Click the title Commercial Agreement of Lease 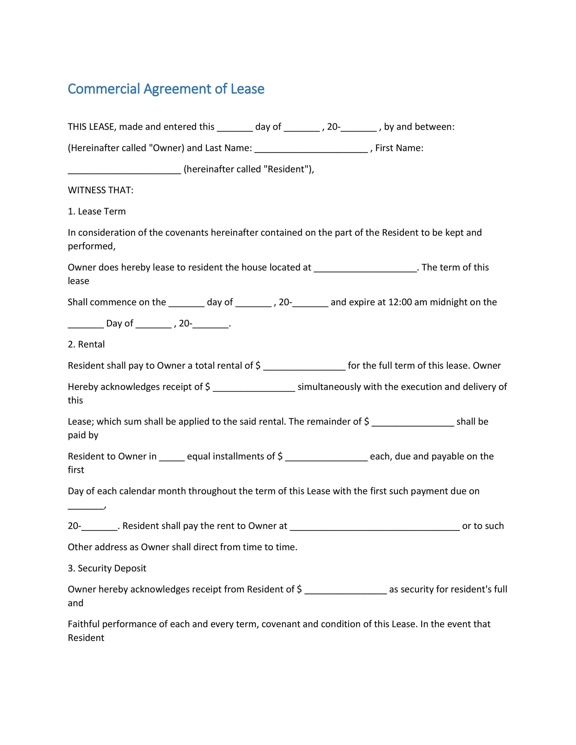pyautogui.click(x=166, y=89)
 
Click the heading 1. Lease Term pyautogui.click(x=97, y=212)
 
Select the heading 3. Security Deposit pyautogui.click(x=107, y=568)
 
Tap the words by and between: pyautogui.click(x=419, y=127)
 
